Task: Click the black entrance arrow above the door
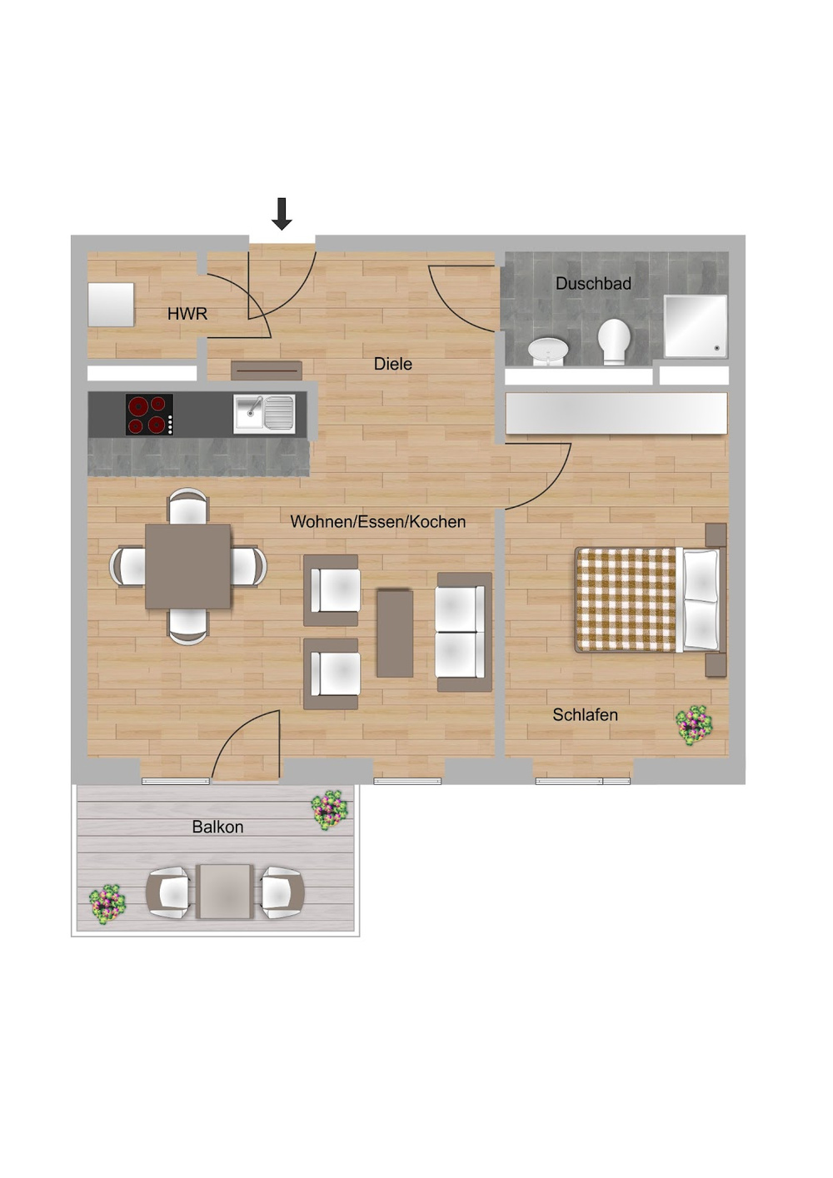coord(282,213)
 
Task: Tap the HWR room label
coord(187,314)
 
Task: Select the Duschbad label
coord(593,283)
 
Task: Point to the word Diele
coord(392,364)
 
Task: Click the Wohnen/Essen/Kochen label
coord(377,522)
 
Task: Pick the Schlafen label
coord(585,714)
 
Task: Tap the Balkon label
coord(217,827)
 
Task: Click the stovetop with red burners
coord(150,414)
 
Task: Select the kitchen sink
coord(264,414)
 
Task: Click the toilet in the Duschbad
coord(615,341)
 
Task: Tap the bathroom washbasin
coord(548,350)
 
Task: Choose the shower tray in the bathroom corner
coord(695,326)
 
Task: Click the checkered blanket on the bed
coord(626,599)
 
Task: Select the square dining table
coord(188,566)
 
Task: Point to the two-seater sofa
coord(463,632)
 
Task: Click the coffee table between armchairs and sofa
coord(395,633)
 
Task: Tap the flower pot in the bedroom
coord(694,725)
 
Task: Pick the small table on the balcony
coord(225,892)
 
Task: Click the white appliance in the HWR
coord(112,305)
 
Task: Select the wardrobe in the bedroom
coord(616,414)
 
